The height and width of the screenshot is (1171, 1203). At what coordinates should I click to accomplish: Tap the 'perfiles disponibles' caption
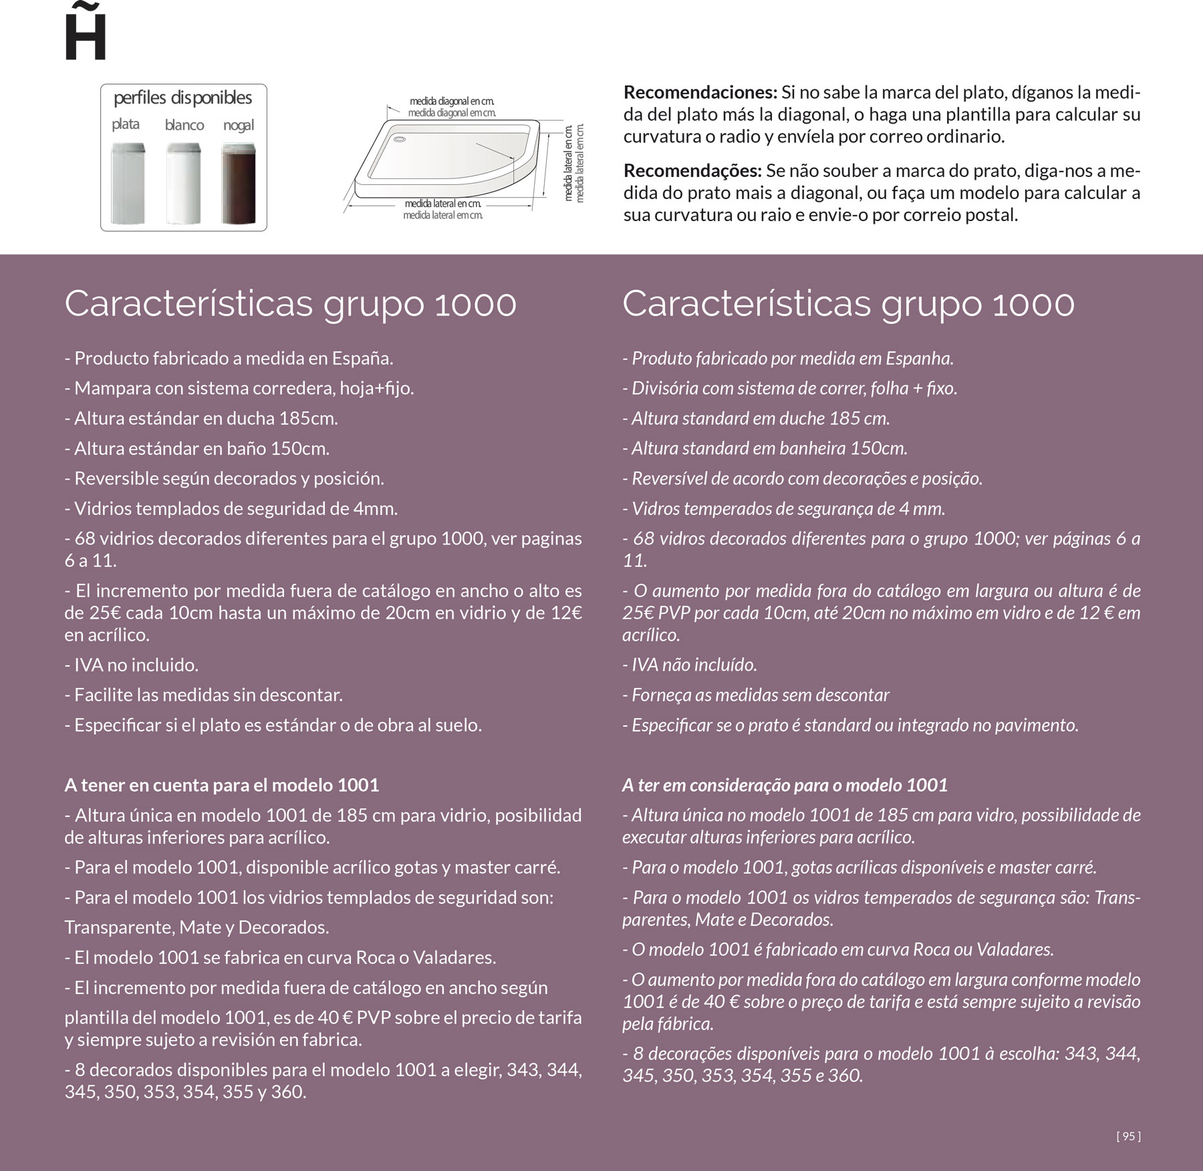pos(182,98)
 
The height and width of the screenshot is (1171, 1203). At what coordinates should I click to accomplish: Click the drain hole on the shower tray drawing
pos(400,140)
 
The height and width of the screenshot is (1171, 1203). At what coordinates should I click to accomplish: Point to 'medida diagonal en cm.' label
pos(452,102)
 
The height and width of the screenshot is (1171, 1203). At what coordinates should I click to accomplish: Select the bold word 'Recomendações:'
pos(692,171)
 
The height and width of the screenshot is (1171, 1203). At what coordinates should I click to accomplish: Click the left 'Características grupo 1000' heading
pos(290,304)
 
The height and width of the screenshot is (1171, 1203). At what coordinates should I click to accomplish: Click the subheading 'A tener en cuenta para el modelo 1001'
pos(221,785)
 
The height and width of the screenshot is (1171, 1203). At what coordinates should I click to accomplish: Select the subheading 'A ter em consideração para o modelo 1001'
pos(785,785)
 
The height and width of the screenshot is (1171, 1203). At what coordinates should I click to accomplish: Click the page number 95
pos(1128,1136)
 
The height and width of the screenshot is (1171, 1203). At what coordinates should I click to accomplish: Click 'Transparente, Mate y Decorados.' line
pos(196,928)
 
